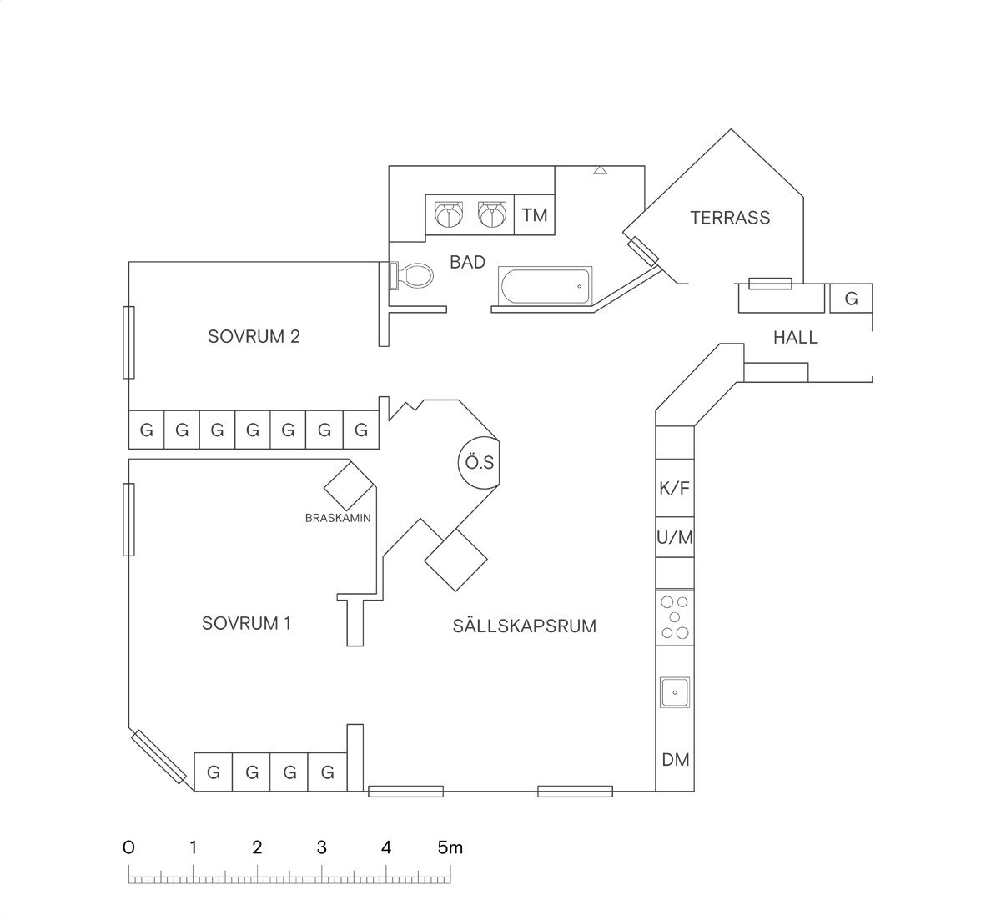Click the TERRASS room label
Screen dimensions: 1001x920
tap(730, 218)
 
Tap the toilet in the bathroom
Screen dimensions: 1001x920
tap(411, 275)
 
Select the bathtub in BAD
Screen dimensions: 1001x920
tap(545, 285)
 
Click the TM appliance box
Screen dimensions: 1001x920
tap(535, 214)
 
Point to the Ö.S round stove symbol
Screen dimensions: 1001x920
tap(479, 463)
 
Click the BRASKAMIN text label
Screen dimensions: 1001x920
tap(338, 518)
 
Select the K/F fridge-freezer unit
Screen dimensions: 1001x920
tap(675, 488)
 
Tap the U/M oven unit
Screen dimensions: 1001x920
tap(675, 537)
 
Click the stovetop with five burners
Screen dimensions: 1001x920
tap(675, 617)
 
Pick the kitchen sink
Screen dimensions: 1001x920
tap(675, 692)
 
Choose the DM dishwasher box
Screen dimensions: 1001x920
tap(675, 760)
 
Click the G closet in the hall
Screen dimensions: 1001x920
tap(852, 299)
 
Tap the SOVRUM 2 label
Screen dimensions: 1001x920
tap(254, 336)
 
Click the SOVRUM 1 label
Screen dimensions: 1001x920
tap(246, 623)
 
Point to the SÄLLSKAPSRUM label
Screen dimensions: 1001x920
tap(525, 626)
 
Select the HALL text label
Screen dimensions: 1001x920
tap(796, 338)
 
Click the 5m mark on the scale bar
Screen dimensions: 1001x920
tap(450, 847)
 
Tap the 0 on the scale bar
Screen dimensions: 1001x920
tap(128, 847)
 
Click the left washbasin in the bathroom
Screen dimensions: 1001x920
tap(449, 214)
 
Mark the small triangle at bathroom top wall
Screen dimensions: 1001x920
tap(601, 170)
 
